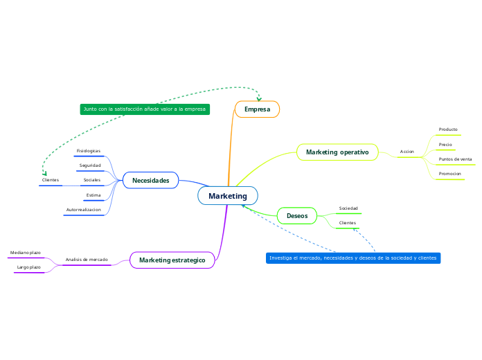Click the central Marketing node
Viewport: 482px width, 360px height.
tap(227, 196)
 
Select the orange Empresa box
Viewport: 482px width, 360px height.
tap(257, 109)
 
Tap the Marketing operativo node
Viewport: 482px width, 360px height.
tap(337, 152)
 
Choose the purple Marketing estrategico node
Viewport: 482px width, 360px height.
tap(172, 260)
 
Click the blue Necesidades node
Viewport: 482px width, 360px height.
tap(150, 180)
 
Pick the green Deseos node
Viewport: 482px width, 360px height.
tap(297, 216)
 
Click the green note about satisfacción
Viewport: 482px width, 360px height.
tap(145, 109)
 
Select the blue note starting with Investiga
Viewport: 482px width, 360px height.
tap(353, 258)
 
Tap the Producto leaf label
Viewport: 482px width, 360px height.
tap(448, 129)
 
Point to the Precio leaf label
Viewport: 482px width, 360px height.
tap(445, 145)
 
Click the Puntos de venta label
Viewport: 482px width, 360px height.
tap(455, 159)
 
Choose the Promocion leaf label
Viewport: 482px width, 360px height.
tap(449, 174)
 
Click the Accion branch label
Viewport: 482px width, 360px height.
tap(407, 152)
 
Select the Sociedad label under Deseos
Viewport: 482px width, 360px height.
tap(348, 208)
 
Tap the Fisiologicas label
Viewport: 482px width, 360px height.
tap(89, 151)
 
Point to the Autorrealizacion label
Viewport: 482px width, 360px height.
tap(84, 209)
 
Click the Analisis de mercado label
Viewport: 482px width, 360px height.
tap(87, 260)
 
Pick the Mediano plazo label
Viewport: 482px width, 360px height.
tap(26, 253)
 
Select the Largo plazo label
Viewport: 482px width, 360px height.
tap(29, 267)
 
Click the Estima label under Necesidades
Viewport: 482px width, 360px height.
tap(93, 195)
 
